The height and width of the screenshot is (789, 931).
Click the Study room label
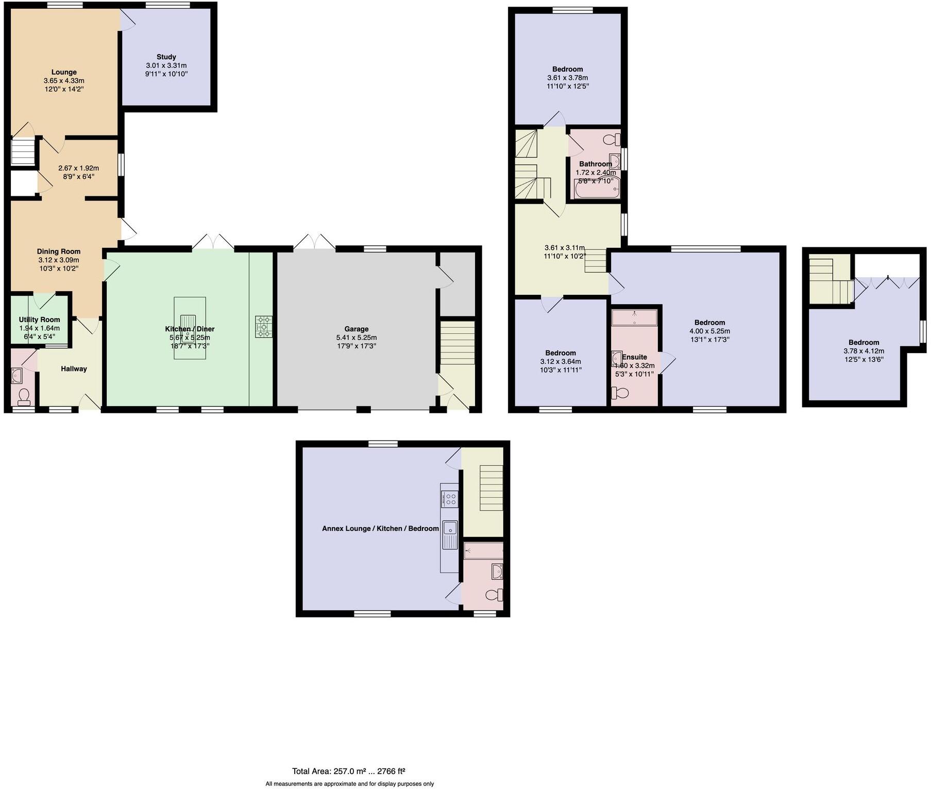point(166,57)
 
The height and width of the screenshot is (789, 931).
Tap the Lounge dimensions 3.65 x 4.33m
point(64,81)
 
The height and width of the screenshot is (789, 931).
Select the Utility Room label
point(39,320)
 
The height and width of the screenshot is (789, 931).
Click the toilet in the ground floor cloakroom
point(23,396)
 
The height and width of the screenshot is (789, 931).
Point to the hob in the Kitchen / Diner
point(263,327)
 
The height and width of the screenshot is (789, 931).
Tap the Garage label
point(356,329)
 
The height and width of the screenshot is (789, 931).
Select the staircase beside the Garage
point(457,343)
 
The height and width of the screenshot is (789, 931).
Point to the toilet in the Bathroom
point(612,139)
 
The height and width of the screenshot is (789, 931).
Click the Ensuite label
point(634,357)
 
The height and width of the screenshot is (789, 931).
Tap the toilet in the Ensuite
point(620,393)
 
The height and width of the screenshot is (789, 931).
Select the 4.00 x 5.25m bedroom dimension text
point(709,331)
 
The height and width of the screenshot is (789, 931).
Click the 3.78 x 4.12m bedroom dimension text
point(864,351)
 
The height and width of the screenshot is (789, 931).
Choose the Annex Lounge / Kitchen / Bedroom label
point(380,528)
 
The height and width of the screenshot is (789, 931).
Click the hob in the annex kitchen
point(450,499)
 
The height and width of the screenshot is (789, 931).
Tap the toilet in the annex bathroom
point(494,595)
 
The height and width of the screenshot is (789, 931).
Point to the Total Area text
point(348,771)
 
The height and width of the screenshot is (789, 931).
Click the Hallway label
point(74,368)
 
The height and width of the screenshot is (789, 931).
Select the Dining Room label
point(58,251)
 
